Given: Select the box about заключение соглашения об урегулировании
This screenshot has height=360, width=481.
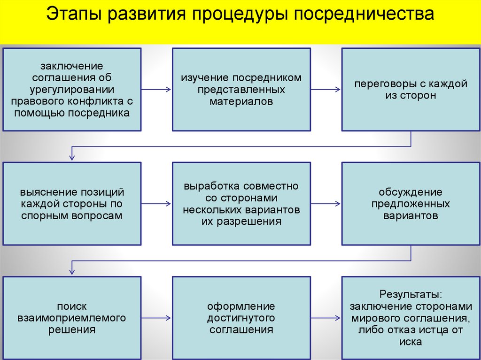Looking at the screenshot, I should (x=72, y=89).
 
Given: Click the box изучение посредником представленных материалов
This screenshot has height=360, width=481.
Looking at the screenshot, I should (x=241, y=89).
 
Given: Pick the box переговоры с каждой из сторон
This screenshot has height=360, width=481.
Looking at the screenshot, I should (x=411, y=89).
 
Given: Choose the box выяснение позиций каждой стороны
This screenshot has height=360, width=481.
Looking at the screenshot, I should (x=72, y=204).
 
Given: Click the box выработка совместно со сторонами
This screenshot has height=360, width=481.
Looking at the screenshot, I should (x=241, y=204).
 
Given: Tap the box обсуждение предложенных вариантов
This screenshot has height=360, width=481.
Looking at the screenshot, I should (x=411, y=204).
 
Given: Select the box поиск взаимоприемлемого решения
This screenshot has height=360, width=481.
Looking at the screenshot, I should (x=72, y=318).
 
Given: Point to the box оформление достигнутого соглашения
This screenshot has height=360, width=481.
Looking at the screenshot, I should (x=241, y=318).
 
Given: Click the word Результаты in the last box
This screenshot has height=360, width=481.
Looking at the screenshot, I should (x=411, y=295).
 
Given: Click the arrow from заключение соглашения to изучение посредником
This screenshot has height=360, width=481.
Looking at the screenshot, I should (x=156, y=89).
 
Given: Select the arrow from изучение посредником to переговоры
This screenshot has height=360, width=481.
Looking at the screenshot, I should (x=326, y=89).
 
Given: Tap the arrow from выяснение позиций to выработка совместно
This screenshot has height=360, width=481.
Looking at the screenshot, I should (x=156, y=204).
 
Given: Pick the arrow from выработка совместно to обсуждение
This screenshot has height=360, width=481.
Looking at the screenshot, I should (x=326, y=204).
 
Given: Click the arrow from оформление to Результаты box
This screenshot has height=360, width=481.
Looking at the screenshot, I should (x=326, y=318).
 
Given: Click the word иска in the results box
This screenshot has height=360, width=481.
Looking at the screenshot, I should (x=411, y=342).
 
